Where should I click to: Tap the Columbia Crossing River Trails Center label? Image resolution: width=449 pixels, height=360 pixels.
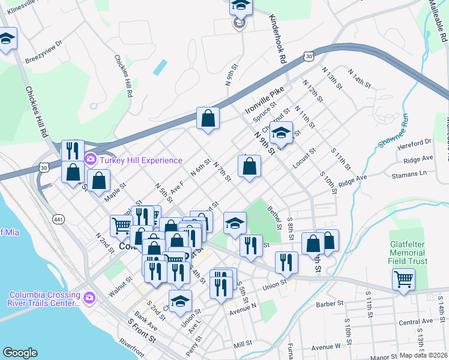(45, 298)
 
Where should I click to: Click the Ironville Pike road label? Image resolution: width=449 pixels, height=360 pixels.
(263, 103)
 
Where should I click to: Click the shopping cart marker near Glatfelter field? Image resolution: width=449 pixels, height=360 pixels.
(403, 278)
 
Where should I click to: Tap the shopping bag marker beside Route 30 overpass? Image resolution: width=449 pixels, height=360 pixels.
(208, 119)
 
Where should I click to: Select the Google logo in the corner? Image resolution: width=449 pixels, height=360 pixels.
(20, 353)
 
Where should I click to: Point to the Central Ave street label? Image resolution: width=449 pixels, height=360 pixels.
(415, 322)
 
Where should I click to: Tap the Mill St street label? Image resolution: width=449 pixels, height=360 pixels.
(244, 344)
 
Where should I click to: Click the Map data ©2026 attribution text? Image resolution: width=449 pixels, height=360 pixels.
(423, 355)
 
